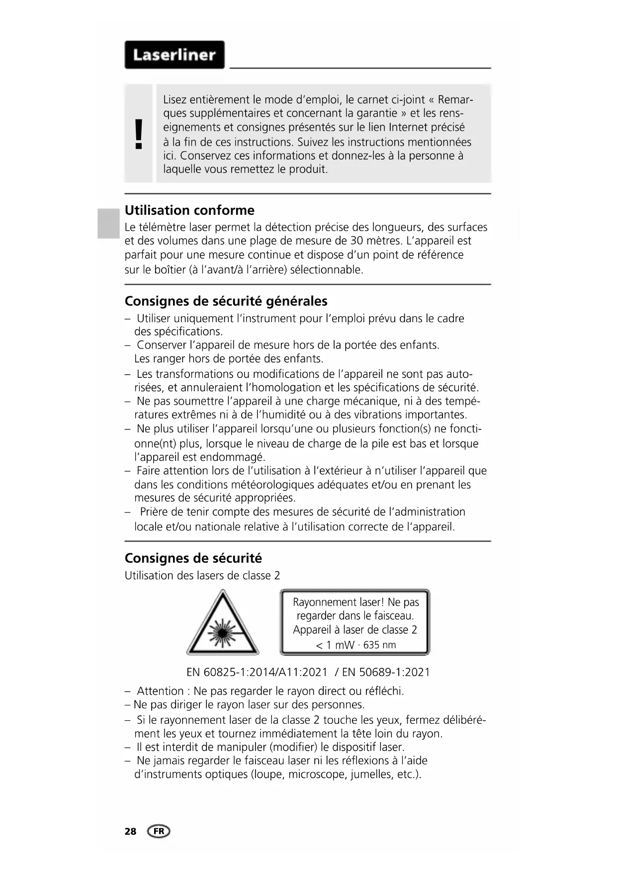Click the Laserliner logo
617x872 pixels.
click(174, 55)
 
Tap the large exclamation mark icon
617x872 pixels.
click(139, 134)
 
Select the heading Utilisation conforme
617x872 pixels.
click(189, 210)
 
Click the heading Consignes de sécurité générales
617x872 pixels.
click(226, 301)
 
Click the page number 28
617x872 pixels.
click(130, 831)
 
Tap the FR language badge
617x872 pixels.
click(159, 831)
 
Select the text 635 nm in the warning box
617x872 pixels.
click(379, 645)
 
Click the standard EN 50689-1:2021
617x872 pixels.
click(386, 673)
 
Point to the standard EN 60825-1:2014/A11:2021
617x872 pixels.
click(257, 673)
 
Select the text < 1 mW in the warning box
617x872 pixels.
click(335, 645)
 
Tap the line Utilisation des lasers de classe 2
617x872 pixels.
click(202, 576)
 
